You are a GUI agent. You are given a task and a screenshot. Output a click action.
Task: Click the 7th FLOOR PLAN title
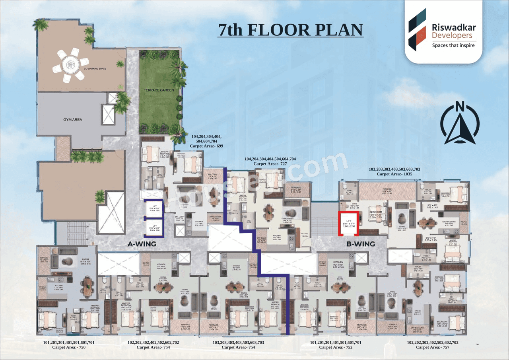click(290, 30)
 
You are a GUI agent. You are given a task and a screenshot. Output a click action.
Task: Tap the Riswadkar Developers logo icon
click(418, 30)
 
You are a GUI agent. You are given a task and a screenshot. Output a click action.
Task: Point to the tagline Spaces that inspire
click(453, 45)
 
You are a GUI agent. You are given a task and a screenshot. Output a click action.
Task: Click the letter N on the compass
click(460, 106)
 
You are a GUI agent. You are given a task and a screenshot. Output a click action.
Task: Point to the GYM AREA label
click(73, 119)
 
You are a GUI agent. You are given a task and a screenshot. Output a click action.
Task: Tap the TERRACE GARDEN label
click(159, 90)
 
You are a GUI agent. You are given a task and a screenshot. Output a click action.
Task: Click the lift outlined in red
click(348, 224)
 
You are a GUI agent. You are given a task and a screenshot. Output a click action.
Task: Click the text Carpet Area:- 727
click(270, 163)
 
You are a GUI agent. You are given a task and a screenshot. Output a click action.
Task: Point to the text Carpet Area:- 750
click(69, 347)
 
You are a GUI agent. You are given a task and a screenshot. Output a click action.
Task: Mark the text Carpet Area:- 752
click(336, 347)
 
